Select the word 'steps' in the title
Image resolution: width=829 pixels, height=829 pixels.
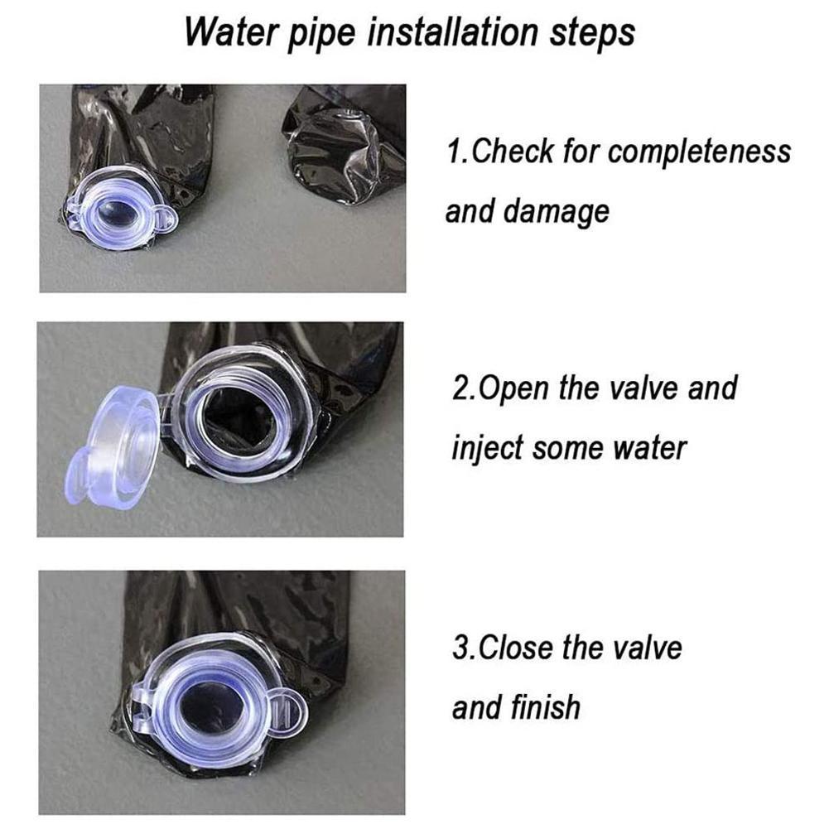coord(592,34)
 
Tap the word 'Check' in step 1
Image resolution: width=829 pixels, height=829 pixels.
coord(512,152)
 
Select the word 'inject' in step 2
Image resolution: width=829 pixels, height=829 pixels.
coord(487,448)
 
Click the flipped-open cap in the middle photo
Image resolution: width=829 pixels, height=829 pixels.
coord(112,446)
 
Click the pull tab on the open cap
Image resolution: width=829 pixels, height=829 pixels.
coord(78,479)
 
